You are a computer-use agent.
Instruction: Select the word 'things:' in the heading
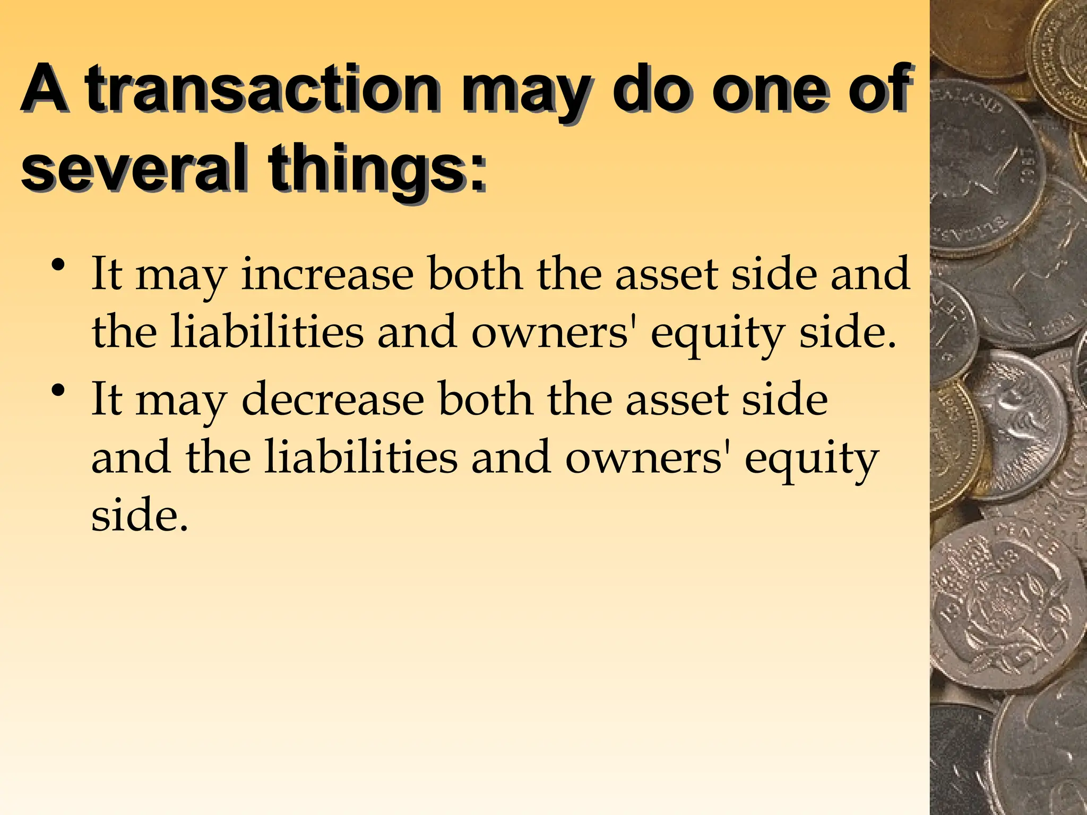point(377,169)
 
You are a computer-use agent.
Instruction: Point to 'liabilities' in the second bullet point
point(361,457)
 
